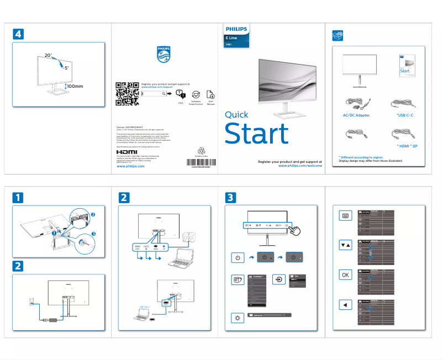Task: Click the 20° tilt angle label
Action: point(48,56)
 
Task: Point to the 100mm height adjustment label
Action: point(75,86)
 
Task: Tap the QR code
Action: point(126,93)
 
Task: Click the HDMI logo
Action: point(126,152)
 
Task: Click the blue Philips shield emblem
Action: point(164,55)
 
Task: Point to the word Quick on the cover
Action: point(236,115)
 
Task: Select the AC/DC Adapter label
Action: point(356,115)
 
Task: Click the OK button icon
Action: point(345,274)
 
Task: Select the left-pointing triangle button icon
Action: point(345,304)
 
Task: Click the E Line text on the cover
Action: point(231,37)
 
